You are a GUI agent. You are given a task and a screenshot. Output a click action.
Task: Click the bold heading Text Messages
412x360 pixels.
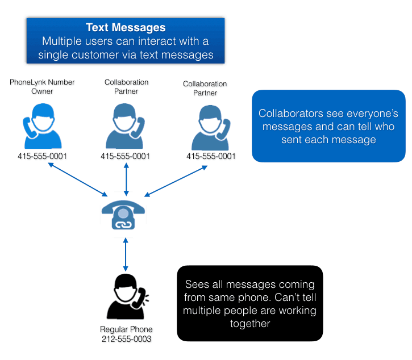coord(126,28)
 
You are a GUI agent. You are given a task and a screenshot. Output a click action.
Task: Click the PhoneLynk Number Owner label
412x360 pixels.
coord(42,86)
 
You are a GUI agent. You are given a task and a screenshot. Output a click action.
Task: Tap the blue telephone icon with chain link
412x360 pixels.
coord(123,214)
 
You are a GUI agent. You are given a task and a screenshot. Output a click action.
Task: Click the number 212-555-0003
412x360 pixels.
coord(126,340)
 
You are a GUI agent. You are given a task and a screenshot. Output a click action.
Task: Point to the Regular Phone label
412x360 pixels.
coord(126,330)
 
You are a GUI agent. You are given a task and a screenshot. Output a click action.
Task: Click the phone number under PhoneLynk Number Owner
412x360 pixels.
coord(42,156)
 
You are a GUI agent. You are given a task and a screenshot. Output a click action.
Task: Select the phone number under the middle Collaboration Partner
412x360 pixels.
coord(125,156)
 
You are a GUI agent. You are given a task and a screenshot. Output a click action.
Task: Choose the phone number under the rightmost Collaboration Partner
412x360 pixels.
coord(211,156)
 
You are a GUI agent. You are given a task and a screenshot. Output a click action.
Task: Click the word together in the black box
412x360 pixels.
coord(249,324)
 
